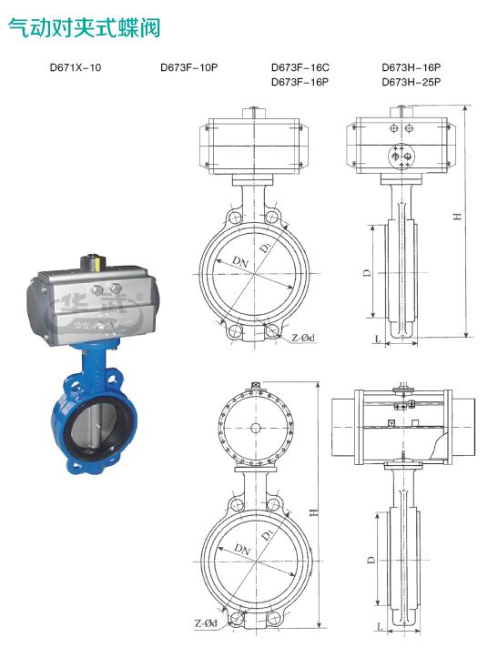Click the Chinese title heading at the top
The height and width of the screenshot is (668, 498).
coord(85,28)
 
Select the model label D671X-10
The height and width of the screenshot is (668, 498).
coord(76,67)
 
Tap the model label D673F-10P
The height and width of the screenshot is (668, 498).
coord(189,67)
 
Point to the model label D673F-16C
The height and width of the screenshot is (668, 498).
coord(300,67)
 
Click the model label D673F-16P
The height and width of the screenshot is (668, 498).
coord(300,82)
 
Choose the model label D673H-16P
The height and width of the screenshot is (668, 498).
coord(412,67)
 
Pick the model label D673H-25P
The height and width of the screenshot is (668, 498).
coord(412,82)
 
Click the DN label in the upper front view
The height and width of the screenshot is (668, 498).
coord(240,261)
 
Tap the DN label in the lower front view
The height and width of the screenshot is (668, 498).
coord(242,549)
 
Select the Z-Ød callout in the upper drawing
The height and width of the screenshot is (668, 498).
coord(303,338)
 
